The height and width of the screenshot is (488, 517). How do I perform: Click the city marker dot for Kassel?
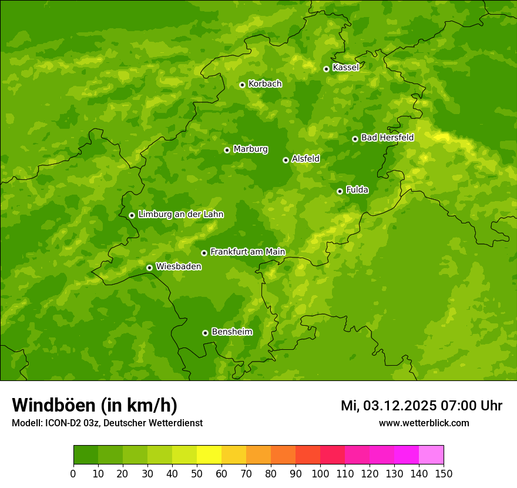326,69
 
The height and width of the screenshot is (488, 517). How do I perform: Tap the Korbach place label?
265,84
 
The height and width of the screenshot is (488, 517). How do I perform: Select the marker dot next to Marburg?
227,150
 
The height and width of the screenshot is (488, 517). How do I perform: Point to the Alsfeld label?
305,159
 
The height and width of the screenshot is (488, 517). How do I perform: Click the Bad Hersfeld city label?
387,138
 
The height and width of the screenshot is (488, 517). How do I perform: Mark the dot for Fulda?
340,191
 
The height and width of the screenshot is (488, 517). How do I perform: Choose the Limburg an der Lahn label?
180,215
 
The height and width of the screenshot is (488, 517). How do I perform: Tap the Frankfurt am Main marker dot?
204,253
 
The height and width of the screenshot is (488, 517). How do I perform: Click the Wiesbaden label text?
178,266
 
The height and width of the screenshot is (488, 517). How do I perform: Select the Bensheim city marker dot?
205,333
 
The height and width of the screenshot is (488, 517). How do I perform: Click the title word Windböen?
53,405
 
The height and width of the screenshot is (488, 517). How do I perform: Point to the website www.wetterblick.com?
424,423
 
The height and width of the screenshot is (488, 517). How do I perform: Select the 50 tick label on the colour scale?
197,473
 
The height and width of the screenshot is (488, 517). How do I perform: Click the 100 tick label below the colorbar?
320,473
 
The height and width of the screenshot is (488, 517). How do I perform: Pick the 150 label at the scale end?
444,473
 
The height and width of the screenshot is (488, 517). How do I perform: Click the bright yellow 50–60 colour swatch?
209,454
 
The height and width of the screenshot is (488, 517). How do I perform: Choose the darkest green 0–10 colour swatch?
86,454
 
